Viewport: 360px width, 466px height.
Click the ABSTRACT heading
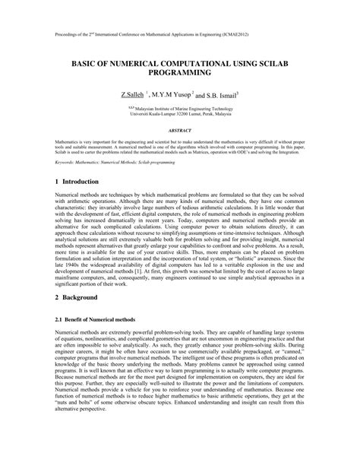[180, 130]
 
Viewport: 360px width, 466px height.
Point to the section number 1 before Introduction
[57, 182]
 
